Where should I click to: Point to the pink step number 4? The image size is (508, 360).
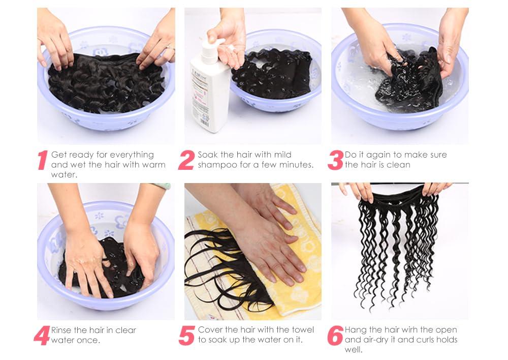(41, 336)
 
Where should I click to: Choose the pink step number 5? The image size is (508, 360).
(186, 336)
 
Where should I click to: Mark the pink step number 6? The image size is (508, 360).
(335, 336)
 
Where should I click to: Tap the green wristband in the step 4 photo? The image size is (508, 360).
(162, 186)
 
